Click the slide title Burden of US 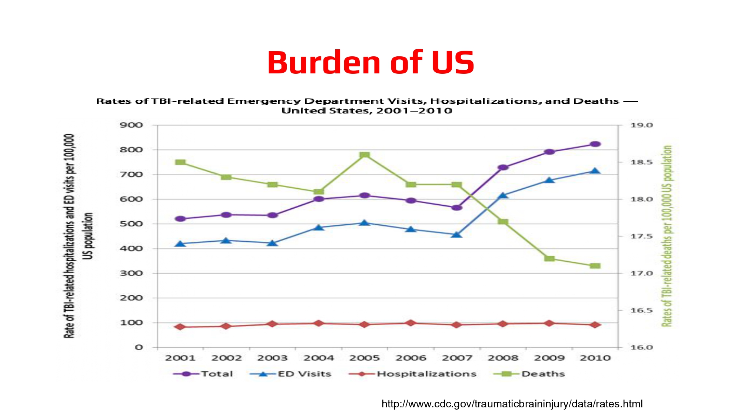pos(370,62)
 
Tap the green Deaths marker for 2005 pos(365,155)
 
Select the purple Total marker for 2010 pos(595,144)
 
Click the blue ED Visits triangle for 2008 pos(503,195)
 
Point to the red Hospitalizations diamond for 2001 pos(180,327)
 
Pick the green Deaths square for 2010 pos(595,266)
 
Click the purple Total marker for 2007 pos(457,208)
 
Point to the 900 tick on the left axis pos(131,125)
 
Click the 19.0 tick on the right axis pos(641,125)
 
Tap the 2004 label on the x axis pos(319,358)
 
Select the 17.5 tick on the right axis pos(641,236)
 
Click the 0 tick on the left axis pos(139,348)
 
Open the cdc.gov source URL pos(512,404)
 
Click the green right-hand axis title pos(667,236)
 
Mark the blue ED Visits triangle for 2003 pos(272,243)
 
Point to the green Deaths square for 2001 pos(180,162)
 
